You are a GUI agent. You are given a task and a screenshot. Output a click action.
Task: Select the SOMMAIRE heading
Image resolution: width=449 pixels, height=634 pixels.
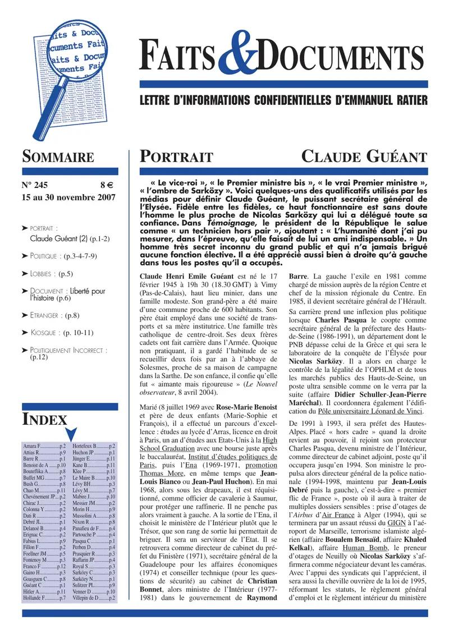[58, 157]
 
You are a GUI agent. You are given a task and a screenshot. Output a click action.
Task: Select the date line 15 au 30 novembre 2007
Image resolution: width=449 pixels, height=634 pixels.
[68, 197]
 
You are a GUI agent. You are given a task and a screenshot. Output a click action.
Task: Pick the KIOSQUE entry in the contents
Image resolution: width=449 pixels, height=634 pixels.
[54, 333]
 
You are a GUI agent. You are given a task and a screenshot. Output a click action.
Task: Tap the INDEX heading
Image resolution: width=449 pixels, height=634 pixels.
[44, 420]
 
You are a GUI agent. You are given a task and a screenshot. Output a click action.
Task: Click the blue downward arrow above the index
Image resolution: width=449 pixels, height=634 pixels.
[71, 433]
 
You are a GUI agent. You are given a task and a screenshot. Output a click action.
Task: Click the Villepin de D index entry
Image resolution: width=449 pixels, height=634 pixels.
[94, 599]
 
